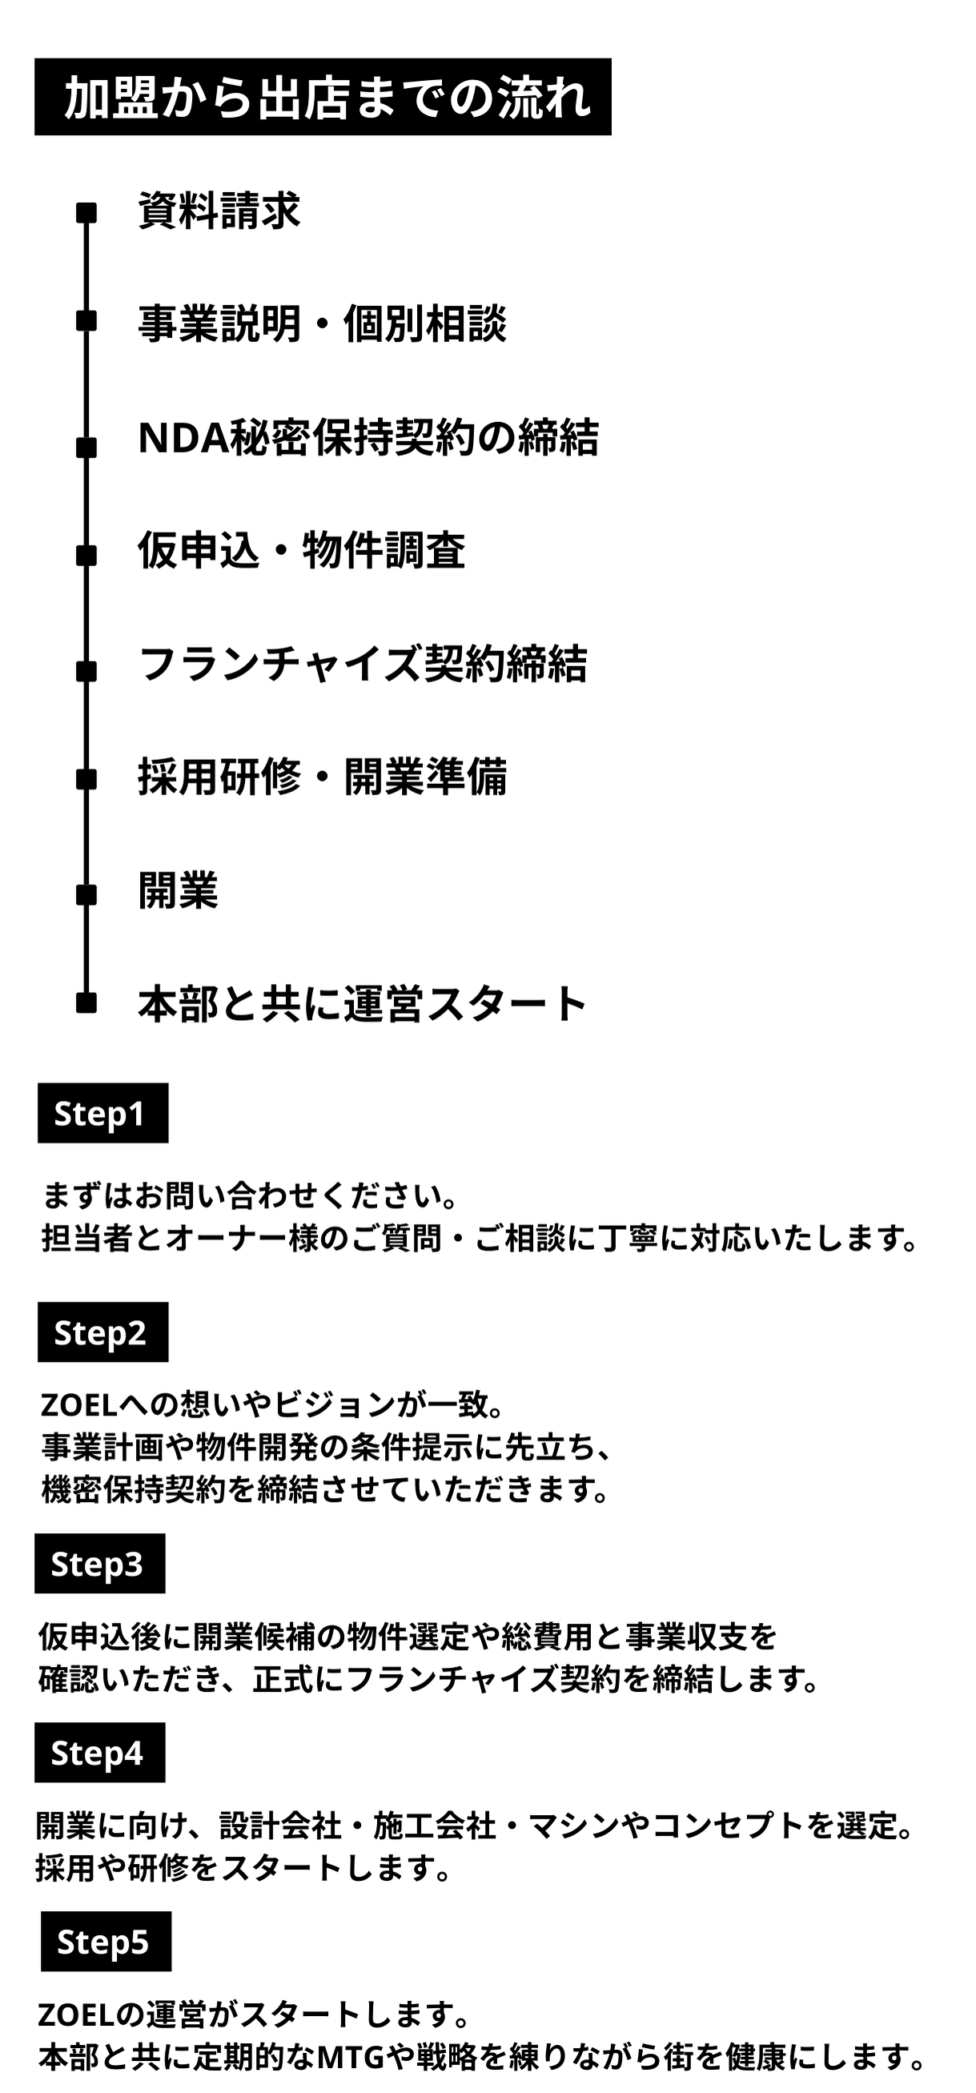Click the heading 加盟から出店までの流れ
tap(323, 97)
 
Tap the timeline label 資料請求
tap(219, 211)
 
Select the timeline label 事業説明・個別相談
tap(323, 324)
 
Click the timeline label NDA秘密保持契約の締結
tap(368, 438)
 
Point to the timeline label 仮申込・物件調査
tap(302, 551)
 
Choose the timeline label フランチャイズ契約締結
tap(363, 664)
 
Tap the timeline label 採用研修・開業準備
tap(323, 777)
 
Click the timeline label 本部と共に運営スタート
tap(363, 1003)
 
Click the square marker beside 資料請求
tap(86, 213)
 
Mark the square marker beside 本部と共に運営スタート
tap(86, 1002)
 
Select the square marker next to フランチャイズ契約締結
tap(86, 671)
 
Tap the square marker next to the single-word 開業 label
tap(86, 894)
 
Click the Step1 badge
tap(103, 1113)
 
